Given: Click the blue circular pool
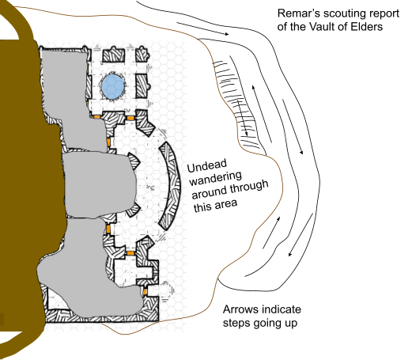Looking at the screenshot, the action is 113,86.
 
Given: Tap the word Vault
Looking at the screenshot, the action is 323,27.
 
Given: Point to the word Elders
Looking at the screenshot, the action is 367,27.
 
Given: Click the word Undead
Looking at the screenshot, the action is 207,165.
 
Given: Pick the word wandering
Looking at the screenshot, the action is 216,178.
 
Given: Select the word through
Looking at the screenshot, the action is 249,188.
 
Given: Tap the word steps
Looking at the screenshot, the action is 236,324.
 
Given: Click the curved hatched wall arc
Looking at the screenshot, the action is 171,186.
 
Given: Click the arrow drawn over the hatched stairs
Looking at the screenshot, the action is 242,118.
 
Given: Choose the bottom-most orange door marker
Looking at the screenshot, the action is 145,292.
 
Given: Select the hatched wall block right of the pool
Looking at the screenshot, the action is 142,85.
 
